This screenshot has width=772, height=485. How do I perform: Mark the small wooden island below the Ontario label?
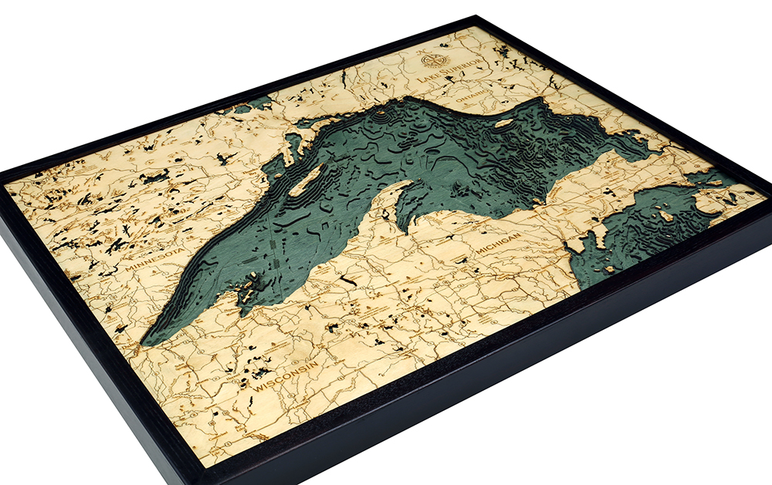[x=503, y=123]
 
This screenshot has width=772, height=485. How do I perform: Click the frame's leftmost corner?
[x=2, y=176]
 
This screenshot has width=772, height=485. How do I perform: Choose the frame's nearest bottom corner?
[x=202, y=480]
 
